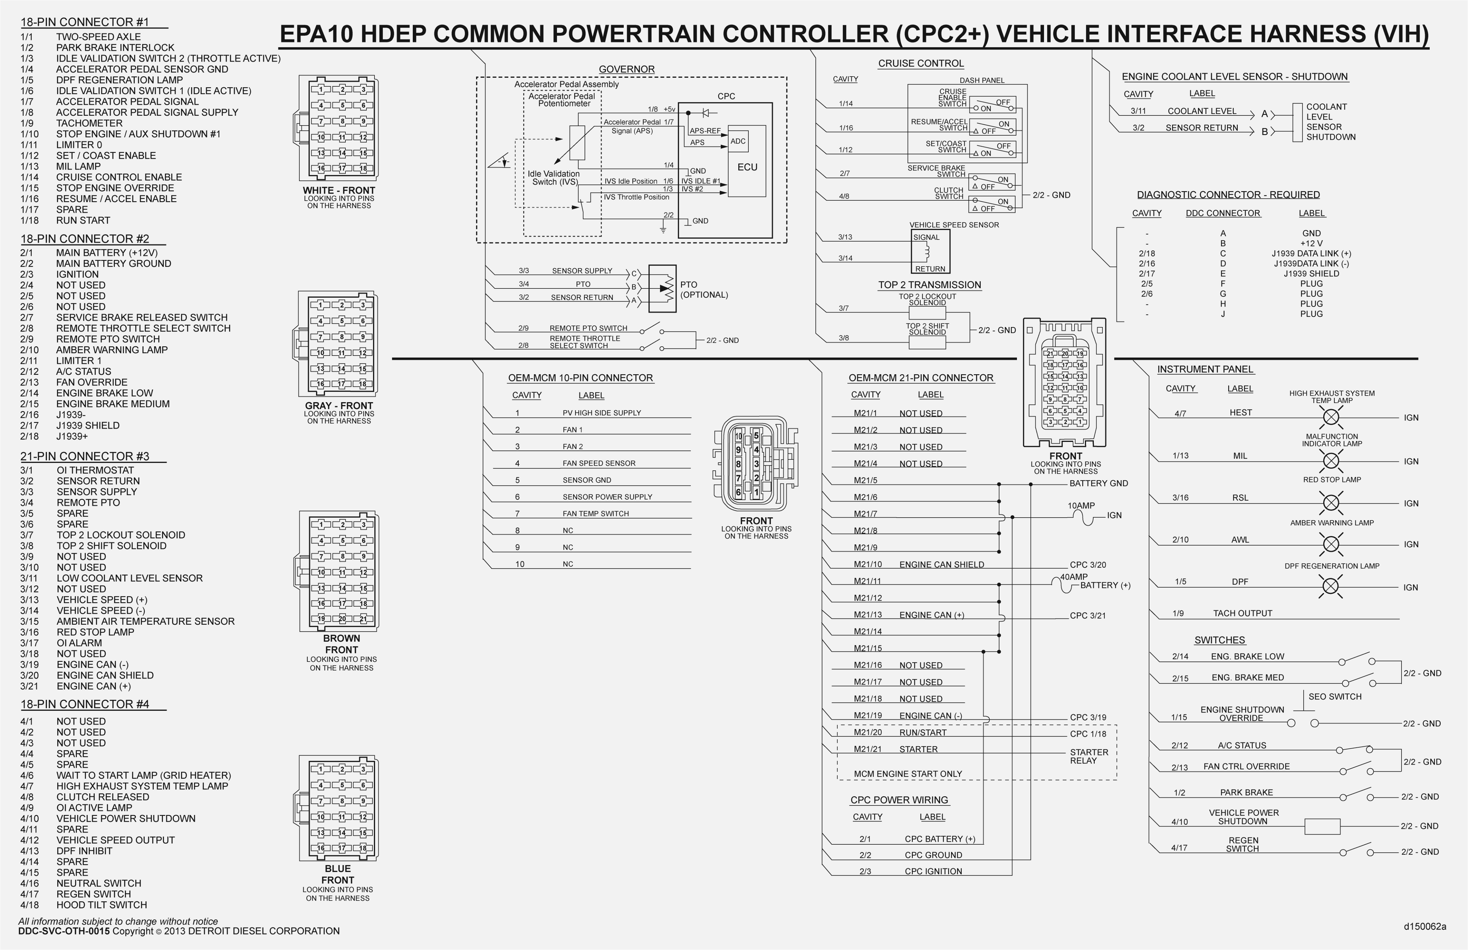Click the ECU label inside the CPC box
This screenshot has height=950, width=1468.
pos(747,167)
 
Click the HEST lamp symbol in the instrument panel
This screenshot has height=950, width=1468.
pos(1331,418)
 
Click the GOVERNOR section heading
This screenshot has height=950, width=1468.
pos(627,69)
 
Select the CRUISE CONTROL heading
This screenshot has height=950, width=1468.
pos(920,63)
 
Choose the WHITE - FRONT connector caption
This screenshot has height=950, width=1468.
pos(339,191)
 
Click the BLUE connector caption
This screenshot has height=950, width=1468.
pos(337,869)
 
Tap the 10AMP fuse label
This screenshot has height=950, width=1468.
pos(1081,505)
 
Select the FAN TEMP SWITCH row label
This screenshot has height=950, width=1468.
pos(595,513)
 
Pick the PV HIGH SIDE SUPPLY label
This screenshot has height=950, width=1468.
pos(602,413)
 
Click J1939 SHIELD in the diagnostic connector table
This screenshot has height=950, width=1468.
pos(1311,273)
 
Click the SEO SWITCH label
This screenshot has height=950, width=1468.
pos(1335,697)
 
